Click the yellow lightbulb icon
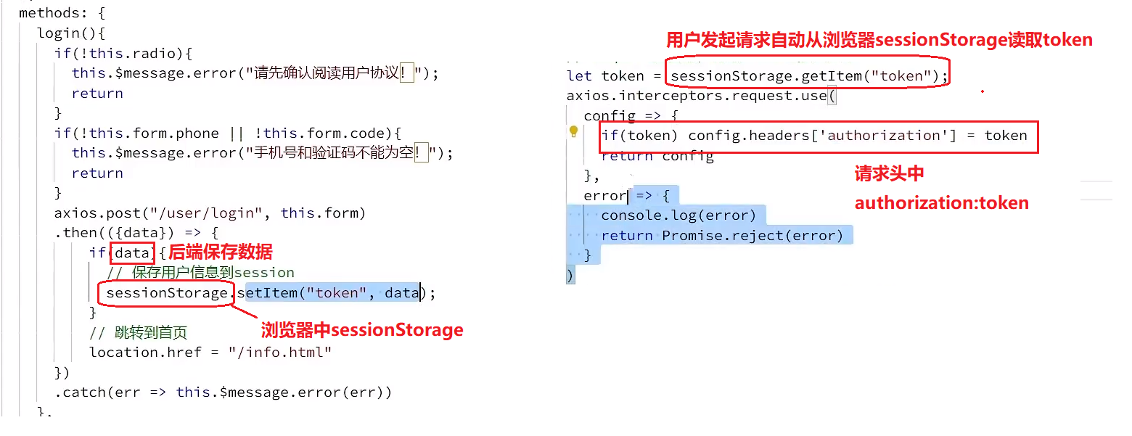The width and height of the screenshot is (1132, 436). pos(573,131)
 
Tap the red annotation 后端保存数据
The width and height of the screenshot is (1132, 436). pos(221,252)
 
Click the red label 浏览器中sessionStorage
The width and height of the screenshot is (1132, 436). pos(361,330)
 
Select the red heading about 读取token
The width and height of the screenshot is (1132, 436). pos(879,39)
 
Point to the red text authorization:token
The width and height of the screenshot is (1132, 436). pos(941,203)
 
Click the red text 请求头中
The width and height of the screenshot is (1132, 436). pos(889,174)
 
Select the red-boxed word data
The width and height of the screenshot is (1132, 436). pos(131,252)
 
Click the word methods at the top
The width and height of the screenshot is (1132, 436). pos(49,13)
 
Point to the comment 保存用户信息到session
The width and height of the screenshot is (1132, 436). pos(213,273)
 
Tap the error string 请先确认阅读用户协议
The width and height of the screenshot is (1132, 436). pos(335,73)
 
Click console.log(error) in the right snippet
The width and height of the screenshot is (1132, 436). pos(678,215)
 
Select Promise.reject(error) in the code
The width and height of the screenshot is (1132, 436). pos(752,236)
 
